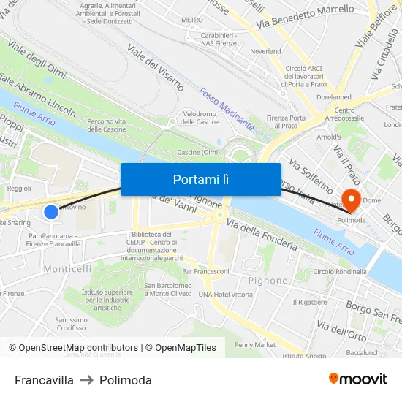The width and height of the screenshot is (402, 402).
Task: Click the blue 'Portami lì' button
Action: pyautogui.click(x=200, y=179)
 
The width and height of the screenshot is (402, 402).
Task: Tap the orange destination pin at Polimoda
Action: pyautogui.click(x=349, y=198)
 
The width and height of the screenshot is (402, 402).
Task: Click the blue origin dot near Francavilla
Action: pyautogui.click(x=50, y=212)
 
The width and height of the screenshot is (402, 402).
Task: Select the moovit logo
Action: pyautogui.click(x=358, y=379)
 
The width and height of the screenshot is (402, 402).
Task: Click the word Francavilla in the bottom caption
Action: pyautogui.click(x=44, y=380)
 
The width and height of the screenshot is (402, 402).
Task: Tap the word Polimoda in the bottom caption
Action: pyautogui.click(x=126, y=380)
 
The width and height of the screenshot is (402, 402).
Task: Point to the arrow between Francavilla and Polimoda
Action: pyautogui.click(x=86, y=380)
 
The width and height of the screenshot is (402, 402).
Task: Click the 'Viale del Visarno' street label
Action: pyautogui.click(x=155, y=67)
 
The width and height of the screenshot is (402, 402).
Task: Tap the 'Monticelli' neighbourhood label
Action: pyautogui.click(x=67, y=269)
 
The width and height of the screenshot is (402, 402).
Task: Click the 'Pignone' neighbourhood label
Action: pyautogui.click(x=268, y=281)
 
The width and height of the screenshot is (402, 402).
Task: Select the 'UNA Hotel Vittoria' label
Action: pyautogui.click(x=225, y=294)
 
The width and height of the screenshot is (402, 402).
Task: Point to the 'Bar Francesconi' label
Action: pyautogui.click(x=205, y=271)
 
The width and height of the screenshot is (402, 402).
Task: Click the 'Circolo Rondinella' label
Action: pyautogui.click(x=340, y=272)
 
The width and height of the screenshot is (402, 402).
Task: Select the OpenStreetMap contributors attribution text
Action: pyautogui.click(x=77, y=348)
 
